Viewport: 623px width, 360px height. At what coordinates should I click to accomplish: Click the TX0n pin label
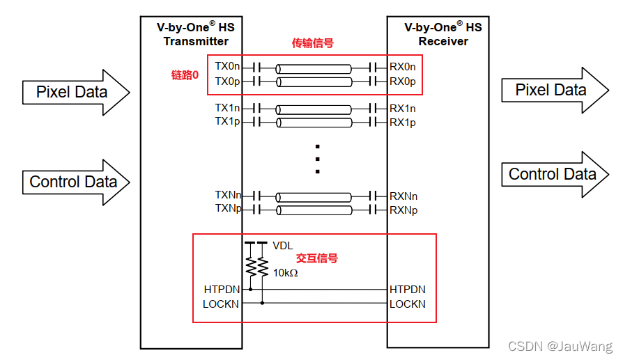coord(228,68)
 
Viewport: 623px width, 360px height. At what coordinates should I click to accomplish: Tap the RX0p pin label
coord(403,81)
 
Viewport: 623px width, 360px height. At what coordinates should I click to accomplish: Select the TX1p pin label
coord(228,122)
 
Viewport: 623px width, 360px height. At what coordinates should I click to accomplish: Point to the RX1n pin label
coord(403,109)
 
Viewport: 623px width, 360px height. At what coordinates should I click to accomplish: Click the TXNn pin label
coord(228,196)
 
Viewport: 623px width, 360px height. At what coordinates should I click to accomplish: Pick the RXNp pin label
coord(403,210)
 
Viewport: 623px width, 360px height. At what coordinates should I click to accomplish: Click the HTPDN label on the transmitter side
coord(222,289)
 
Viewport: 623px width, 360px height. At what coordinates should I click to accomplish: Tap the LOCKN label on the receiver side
coord(408,304)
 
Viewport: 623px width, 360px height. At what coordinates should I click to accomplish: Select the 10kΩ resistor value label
coord(286,272)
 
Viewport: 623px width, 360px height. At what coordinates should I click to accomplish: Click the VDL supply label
coord(283,245)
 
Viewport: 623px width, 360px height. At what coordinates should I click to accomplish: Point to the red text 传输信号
coord(312,43)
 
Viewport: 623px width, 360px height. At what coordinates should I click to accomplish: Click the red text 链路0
coord(185,75)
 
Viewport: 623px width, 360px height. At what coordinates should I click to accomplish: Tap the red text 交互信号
coord(317,258)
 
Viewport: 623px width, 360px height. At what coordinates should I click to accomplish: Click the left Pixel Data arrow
coord(73,92)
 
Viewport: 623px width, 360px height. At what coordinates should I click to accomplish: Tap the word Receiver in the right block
coord(443,41)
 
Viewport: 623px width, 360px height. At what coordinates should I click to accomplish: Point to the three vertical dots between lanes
coord(317,159)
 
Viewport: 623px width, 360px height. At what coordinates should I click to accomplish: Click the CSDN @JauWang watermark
coord(560,346)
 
